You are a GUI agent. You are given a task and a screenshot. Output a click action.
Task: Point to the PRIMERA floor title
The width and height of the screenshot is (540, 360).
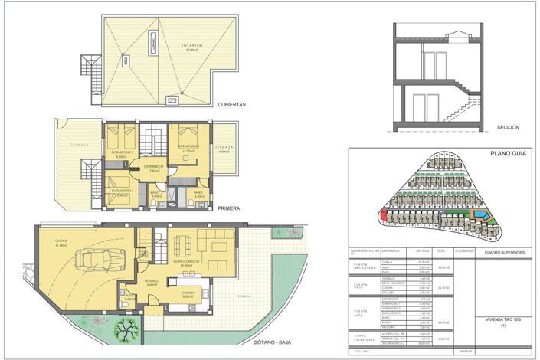(x=229, y=208)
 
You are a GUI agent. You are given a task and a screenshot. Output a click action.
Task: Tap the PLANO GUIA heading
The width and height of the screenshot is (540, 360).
(x=506, y=155)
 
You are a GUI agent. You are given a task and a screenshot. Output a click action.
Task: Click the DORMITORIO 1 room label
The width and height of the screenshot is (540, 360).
(x=188, y=147)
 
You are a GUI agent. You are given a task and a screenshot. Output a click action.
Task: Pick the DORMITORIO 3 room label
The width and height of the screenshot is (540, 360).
(x=121, y=153)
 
